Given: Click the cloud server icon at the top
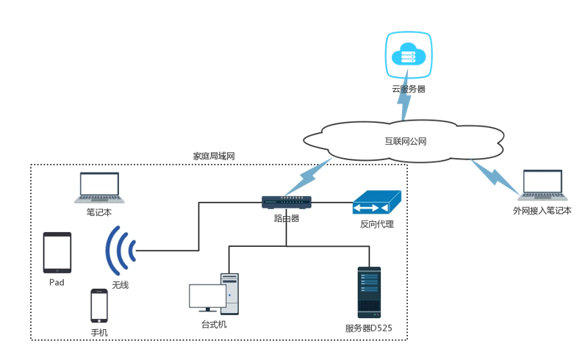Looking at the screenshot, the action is (x=409, y=55).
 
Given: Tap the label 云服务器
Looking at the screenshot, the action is (x=409, y=89).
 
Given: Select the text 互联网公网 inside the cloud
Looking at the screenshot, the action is (x=406, y=141).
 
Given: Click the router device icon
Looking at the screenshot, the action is (x=287, y=202).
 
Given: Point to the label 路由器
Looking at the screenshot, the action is (x=287, y=218).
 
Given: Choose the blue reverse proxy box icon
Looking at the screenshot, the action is (x=377, y=202).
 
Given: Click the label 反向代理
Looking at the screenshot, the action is (x=377, y=224).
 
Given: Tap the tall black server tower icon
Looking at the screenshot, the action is (x=370, y=292).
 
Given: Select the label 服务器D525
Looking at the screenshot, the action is (x=369, y=328).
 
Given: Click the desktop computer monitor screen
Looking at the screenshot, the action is (x=207, y=296).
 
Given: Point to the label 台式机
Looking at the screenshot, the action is (x=214, y=325).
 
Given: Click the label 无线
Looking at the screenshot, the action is (x=121, y=285).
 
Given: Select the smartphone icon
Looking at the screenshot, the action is (x=99, y=306).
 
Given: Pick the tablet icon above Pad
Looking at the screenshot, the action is (x=57, y=253).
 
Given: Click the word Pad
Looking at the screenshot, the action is (x=57, y=282).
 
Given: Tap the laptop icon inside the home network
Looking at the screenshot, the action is (x=99, y=187).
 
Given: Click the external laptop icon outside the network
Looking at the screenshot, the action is (x=542, y=185).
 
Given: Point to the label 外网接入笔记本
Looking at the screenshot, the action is (x=542, y=211).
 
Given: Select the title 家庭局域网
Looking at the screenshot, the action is (x=214, y=156).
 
